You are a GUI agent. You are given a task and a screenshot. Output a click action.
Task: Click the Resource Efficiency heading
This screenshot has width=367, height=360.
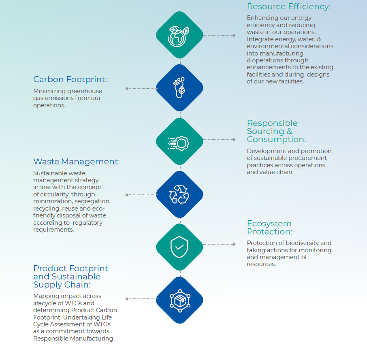pyautogui.click(x=289, y=7)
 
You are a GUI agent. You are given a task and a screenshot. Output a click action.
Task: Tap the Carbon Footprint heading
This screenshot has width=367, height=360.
pyautogui.click(x=70, y=80)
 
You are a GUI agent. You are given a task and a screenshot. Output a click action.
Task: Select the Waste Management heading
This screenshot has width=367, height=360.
pyautogui.click(x=77, y=162)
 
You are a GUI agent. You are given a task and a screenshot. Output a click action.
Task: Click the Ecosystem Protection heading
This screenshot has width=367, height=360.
pyautogui.click(x=269, y=228)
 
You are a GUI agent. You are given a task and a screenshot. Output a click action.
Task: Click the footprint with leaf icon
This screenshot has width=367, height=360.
pyautogui.click(x=179, y=88)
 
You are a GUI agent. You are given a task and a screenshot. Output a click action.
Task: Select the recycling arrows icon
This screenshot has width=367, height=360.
pyautogui.click(x=179, y=195)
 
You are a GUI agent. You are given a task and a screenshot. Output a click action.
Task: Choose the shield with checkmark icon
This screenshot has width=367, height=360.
pyautogui.click(x=179, y=247)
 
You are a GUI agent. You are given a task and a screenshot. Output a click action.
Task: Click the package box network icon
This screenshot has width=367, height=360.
pyautogui.click(x=179, y=300)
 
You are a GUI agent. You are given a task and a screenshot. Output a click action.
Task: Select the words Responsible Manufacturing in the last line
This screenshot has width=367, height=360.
pyautogui.click(x=73, y=339)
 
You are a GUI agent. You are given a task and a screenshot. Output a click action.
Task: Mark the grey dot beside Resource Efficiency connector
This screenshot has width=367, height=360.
pyautogui.click(x=234, y=35)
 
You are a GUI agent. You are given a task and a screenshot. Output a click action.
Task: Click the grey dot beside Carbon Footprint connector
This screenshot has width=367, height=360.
pyautogui.click(x=127, y=88)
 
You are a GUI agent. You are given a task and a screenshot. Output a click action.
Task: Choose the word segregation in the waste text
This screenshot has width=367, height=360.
pyautogui.click(x=94, y=201)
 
